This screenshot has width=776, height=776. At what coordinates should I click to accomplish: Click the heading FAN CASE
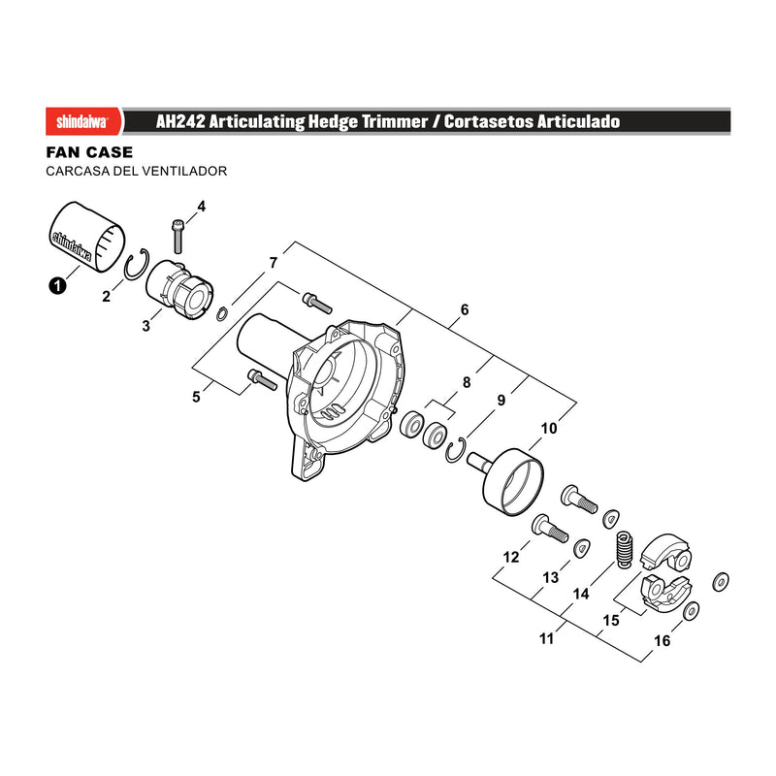click(89, 152)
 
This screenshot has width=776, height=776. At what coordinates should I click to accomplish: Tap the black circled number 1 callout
click(57, 285)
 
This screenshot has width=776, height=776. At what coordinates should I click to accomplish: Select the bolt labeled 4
click(178, 236)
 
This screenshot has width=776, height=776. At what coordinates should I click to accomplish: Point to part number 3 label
click(145, 326)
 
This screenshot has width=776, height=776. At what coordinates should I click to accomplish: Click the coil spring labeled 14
click(625, 549)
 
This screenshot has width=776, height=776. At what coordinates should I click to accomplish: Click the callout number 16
click(663, 641)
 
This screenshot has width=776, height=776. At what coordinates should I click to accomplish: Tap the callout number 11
click(546, 638)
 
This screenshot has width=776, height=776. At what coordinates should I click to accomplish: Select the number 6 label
click(465, 309)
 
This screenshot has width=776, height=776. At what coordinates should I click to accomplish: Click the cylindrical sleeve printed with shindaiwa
click(87, 237)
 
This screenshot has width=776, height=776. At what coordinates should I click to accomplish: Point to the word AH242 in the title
click(180, 122)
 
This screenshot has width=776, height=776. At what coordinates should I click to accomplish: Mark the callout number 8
click(467, 382)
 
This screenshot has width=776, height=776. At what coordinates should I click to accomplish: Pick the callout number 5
click(197, 397)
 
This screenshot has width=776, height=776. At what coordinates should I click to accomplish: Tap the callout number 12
click(511, 557)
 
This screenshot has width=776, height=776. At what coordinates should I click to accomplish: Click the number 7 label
click(274, 263)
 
